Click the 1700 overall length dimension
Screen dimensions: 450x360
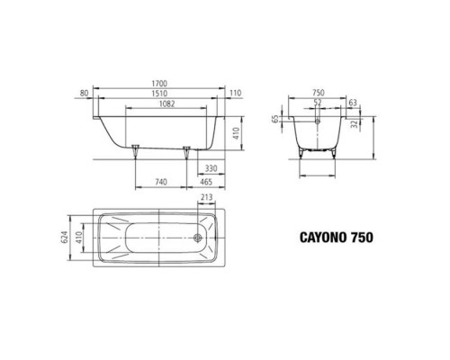159,84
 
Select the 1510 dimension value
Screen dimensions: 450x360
159,94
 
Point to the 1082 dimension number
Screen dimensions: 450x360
166,103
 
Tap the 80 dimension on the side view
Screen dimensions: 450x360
85,94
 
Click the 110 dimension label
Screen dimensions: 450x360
236,94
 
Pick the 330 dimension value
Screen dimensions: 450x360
211,168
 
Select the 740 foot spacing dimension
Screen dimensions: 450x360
161,182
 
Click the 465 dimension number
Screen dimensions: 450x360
206,182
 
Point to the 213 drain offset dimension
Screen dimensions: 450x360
207,197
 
